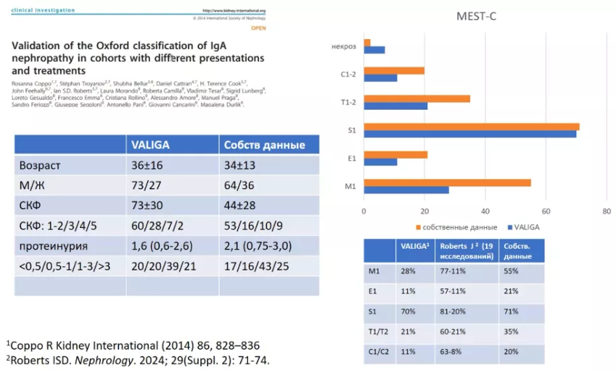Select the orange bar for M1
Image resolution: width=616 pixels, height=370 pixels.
[447, 182]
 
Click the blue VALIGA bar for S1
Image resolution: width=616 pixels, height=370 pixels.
[470, 134]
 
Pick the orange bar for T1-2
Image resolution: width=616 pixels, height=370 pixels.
[417, 98]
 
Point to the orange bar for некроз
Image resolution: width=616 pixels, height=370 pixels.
[367, 42]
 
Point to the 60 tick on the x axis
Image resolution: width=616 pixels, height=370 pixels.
[545, 211]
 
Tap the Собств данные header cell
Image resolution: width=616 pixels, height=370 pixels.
[264, 144]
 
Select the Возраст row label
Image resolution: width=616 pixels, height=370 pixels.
[40, 165]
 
